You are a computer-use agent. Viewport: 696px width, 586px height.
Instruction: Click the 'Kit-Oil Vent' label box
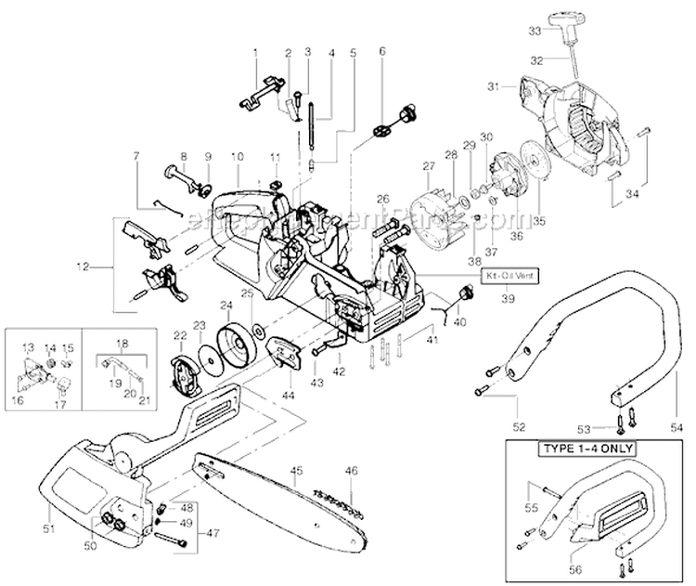pyautogui.click(x=507, y=277)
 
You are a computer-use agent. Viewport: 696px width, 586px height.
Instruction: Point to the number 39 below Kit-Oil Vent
pyautogui.click(x=507, y=298)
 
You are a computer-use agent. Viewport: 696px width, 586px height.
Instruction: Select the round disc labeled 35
pyautogui.click(x=533, y=183)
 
